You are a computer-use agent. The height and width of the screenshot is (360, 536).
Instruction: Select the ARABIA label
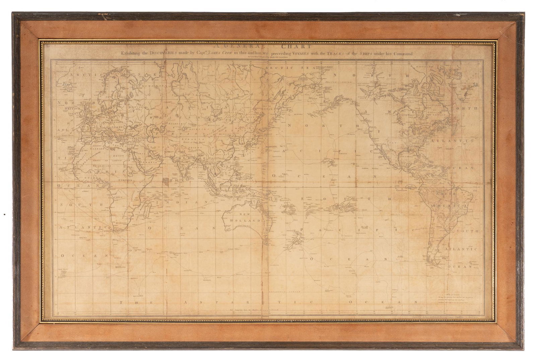tap(145, 161)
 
